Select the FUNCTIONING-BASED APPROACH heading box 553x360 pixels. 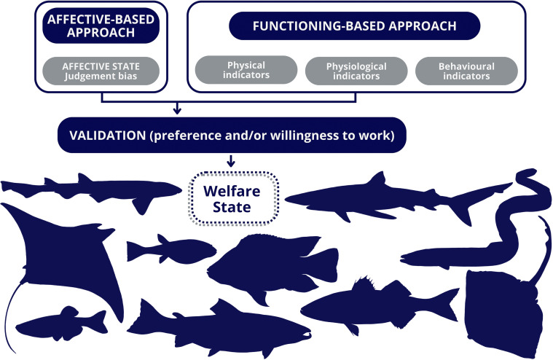tap(354, 27)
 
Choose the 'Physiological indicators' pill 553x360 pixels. tap(354, 71)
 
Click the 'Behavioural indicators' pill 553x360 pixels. tap(466, 71)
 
